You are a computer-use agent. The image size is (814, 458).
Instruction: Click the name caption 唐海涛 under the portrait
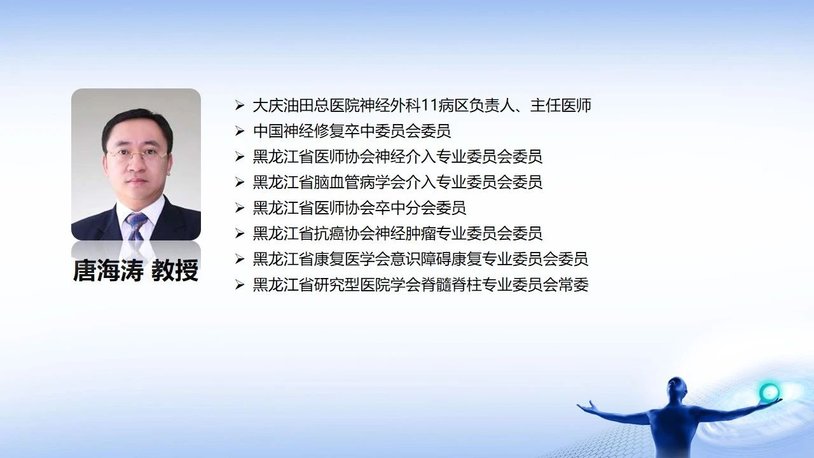(x=108, y=270)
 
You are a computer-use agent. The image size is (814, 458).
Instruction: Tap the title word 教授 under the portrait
(x=175, y=270)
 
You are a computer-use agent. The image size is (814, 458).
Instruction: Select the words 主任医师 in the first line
(x=561, y=106)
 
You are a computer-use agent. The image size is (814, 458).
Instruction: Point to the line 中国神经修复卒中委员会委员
(x=352, y=131)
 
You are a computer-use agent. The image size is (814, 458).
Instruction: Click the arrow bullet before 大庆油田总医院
(x=240, y=106)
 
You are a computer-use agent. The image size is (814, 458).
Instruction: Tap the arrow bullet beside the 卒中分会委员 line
(x=240, y=208)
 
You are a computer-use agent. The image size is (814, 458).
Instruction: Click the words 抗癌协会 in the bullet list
(x=344, y=233)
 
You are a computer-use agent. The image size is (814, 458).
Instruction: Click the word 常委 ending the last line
(x=573, y=284)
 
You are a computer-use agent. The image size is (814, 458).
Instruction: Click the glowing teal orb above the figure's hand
(x=769, y=392)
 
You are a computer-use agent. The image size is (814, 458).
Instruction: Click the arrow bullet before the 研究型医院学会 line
(x=240, y=284)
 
